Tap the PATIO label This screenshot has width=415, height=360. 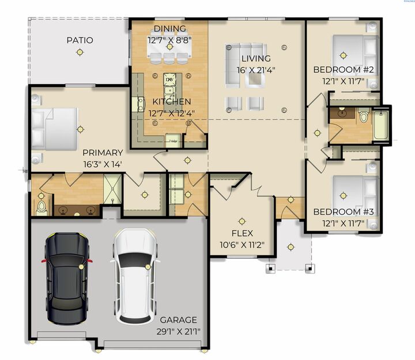[x=80, y=40]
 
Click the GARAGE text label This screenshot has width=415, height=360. [x=178, y=320]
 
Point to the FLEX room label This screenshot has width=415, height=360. [x=242, y=234]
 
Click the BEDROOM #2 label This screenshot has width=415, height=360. [x=344, y=70]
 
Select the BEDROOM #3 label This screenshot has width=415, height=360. [x=344, y=212]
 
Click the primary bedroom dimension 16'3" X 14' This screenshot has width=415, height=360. [x=102, y=164]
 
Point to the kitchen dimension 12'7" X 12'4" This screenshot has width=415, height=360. [x=171, y=113]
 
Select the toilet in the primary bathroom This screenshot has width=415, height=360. [x=41, y=206]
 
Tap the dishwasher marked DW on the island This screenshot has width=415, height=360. [x=169, y=80]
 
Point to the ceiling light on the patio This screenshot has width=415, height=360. [x=80, y=52]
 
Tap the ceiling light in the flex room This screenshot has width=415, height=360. [x=242, y=220]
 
